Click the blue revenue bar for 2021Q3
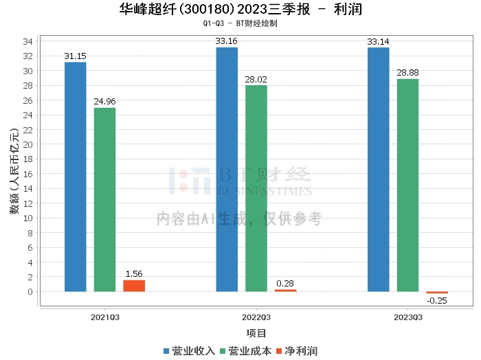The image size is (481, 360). tap(76, 177)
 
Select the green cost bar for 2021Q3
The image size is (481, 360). tap(104, 199)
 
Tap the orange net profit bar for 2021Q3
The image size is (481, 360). tap(134, 286)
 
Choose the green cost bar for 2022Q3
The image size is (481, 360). tap(256, 188)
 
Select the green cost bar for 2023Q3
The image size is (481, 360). tap(407, 185)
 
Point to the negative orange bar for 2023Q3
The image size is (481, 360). tap(436, 293)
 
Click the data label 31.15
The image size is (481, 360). tap(75, 55)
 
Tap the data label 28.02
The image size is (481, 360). tap(256, 78)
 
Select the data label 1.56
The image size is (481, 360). tap(134, 273)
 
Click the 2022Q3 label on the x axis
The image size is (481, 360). tap(256, 317)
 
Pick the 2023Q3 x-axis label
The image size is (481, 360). tap(407, 317)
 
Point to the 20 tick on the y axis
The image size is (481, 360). tap(29, 144)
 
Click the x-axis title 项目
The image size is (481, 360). tap(256, 333)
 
